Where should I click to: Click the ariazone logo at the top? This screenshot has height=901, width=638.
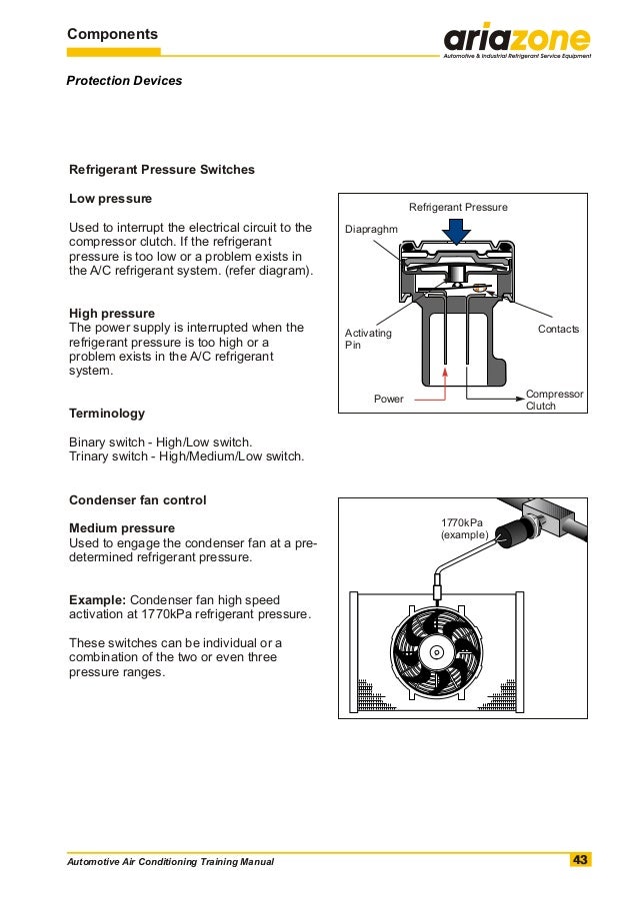pos(517,41)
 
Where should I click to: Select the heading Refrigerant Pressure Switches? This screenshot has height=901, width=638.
pos(161,170)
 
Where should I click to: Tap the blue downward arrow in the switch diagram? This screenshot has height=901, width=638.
pos(458,232)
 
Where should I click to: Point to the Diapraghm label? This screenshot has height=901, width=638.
pos(371,230)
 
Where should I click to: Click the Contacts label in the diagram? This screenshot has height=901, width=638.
pos(558,329)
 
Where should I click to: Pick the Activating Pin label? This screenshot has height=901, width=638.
pos(368,339)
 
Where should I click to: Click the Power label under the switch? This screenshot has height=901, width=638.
pos(388,399)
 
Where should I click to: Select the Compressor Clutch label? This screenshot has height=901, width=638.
pos(554,400)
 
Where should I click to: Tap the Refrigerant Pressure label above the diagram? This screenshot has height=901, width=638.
pos(458,207)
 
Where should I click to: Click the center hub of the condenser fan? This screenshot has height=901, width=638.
pos(435,653)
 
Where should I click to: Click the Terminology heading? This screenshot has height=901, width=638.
pos(106,414)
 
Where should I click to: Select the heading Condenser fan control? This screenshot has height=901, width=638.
pos(137,499)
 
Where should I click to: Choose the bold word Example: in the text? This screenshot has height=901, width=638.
pos(96,599)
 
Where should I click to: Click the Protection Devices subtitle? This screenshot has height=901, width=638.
pos(124,80)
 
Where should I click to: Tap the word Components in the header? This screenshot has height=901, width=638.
pos(113,34)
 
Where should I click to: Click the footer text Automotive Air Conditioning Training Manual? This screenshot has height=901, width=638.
pos(169,862)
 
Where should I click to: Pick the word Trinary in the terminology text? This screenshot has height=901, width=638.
pos(90,456)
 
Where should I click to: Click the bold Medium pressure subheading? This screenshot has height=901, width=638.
pos(121,528)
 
